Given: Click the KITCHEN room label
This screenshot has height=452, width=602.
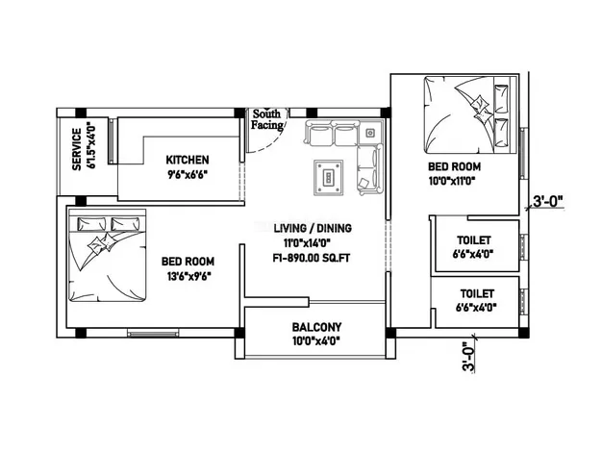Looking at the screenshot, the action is (188, 160).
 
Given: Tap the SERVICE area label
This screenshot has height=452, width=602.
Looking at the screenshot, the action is (77, 149).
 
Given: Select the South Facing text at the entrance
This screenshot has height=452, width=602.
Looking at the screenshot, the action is (267, 119).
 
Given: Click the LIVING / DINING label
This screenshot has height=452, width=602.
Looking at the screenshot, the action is (313, 228).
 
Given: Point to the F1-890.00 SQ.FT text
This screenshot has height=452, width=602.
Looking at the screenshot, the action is (312, 258).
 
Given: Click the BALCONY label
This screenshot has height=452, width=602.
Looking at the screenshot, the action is (316, 327).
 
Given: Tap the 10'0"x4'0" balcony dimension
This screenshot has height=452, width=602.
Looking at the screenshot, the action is (316, 341).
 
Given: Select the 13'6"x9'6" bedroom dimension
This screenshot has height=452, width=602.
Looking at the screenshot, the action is (189, 276).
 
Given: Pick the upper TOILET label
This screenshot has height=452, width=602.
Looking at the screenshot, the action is (474, 240).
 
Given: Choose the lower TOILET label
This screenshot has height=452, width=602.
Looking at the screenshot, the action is (477, 293).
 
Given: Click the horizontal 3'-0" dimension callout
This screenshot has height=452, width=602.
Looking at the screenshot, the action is (548, 201).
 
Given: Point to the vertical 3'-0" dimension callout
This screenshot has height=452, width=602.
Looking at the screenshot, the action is (468, 357).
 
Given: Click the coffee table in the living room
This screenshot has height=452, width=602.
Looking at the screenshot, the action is (328, 178).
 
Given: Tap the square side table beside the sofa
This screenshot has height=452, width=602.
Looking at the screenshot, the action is (370, 133).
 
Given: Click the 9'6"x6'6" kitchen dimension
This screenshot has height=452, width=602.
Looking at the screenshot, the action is (188, 175).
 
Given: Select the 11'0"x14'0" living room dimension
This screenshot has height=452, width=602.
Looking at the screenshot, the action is (307, 243).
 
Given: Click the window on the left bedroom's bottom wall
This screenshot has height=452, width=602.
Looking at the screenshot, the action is (153, 334).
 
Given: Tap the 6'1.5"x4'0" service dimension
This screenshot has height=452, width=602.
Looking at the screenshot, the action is (90, 145).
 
